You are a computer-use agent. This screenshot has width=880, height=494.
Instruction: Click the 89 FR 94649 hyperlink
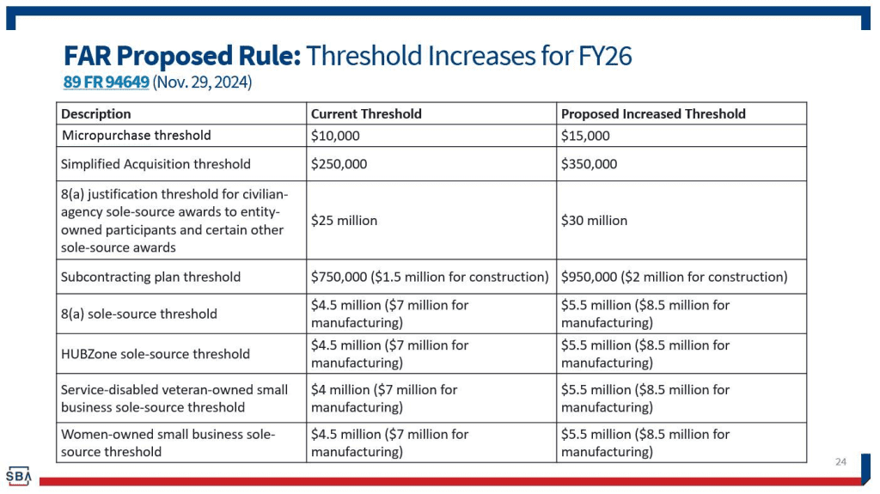click(106, 82)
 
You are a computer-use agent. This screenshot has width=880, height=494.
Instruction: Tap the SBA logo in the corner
click(18, 475)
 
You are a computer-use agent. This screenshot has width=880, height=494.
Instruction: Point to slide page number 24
click(840, 462)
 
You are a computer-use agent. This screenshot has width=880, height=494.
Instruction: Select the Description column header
click(96, 113)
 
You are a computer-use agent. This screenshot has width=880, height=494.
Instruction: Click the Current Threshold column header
click(366, 113)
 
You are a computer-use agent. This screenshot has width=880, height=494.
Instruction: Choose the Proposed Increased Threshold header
click(653, 113)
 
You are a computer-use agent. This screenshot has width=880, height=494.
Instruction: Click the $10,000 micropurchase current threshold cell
click(335, 136)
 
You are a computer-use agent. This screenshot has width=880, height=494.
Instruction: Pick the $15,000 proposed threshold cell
click(585, 136)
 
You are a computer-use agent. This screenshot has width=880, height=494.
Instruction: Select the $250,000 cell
click(339, 164)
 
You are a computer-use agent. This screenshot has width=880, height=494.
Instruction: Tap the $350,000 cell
click(589, 164)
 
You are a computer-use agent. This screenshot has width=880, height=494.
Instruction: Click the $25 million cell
click(344, 221)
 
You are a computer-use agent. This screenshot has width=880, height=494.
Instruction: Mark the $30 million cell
click(594, 221)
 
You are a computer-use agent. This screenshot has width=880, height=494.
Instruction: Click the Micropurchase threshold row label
click(136, 136)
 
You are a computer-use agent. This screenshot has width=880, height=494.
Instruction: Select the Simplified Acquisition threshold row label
click(156, 164)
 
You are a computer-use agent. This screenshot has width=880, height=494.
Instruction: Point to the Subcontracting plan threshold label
click(150, 277)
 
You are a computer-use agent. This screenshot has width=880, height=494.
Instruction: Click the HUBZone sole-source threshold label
click(155, 354)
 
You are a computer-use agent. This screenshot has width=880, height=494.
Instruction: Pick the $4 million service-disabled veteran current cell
click(384, 398)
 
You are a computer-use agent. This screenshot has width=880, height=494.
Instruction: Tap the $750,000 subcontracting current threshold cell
click(430, 277)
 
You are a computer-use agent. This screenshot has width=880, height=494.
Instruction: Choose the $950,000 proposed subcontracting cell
click(674, 277)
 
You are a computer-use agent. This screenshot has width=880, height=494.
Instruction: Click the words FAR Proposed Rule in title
click(181, 56)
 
